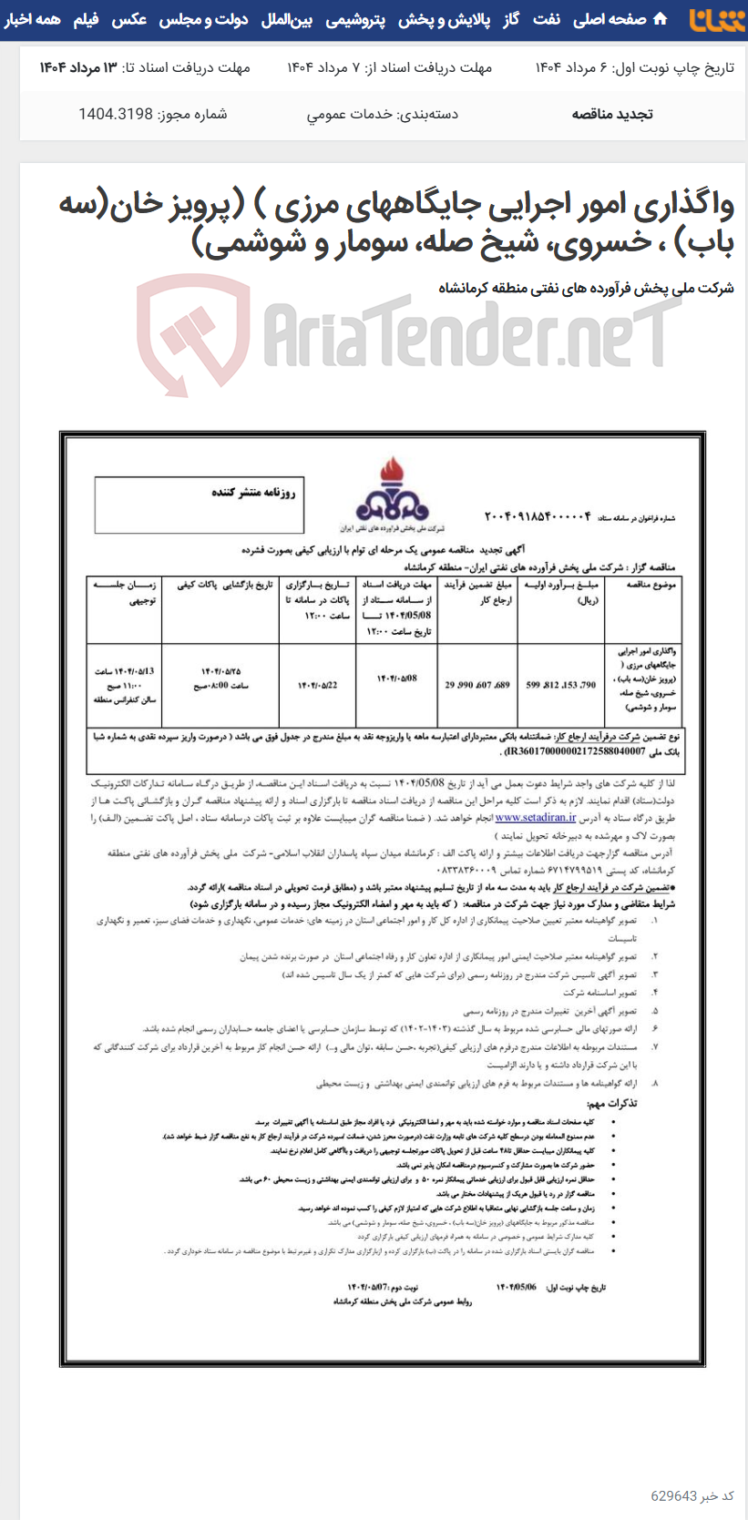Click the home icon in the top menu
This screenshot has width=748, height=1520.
point(661,19)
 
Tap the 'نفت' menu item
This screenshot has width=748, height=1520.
point(547,19)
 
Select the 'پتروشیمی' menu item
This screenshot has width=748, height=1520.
point(355,19)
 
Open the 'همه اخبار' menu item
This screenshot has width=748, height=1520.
point(33,19)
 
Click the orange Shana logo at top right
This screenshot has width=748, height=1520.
point(716,19)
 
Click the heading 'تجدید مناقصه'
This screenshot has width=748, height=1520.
point(611,114)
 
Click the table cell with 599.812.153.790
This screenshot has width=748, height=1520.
point(560,685)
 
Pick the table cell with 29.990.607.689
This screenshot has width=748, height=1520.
point(477,685)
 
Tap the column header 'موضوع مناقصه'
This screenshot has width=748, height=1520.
point(644,585)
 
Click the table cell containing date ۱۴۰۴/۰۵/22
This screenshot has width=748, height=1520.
point(316,685)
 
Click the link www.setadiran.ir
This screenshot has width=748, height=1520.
point(536,818)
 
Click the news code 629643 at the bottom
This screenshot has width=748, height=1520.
point(674,1495)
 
